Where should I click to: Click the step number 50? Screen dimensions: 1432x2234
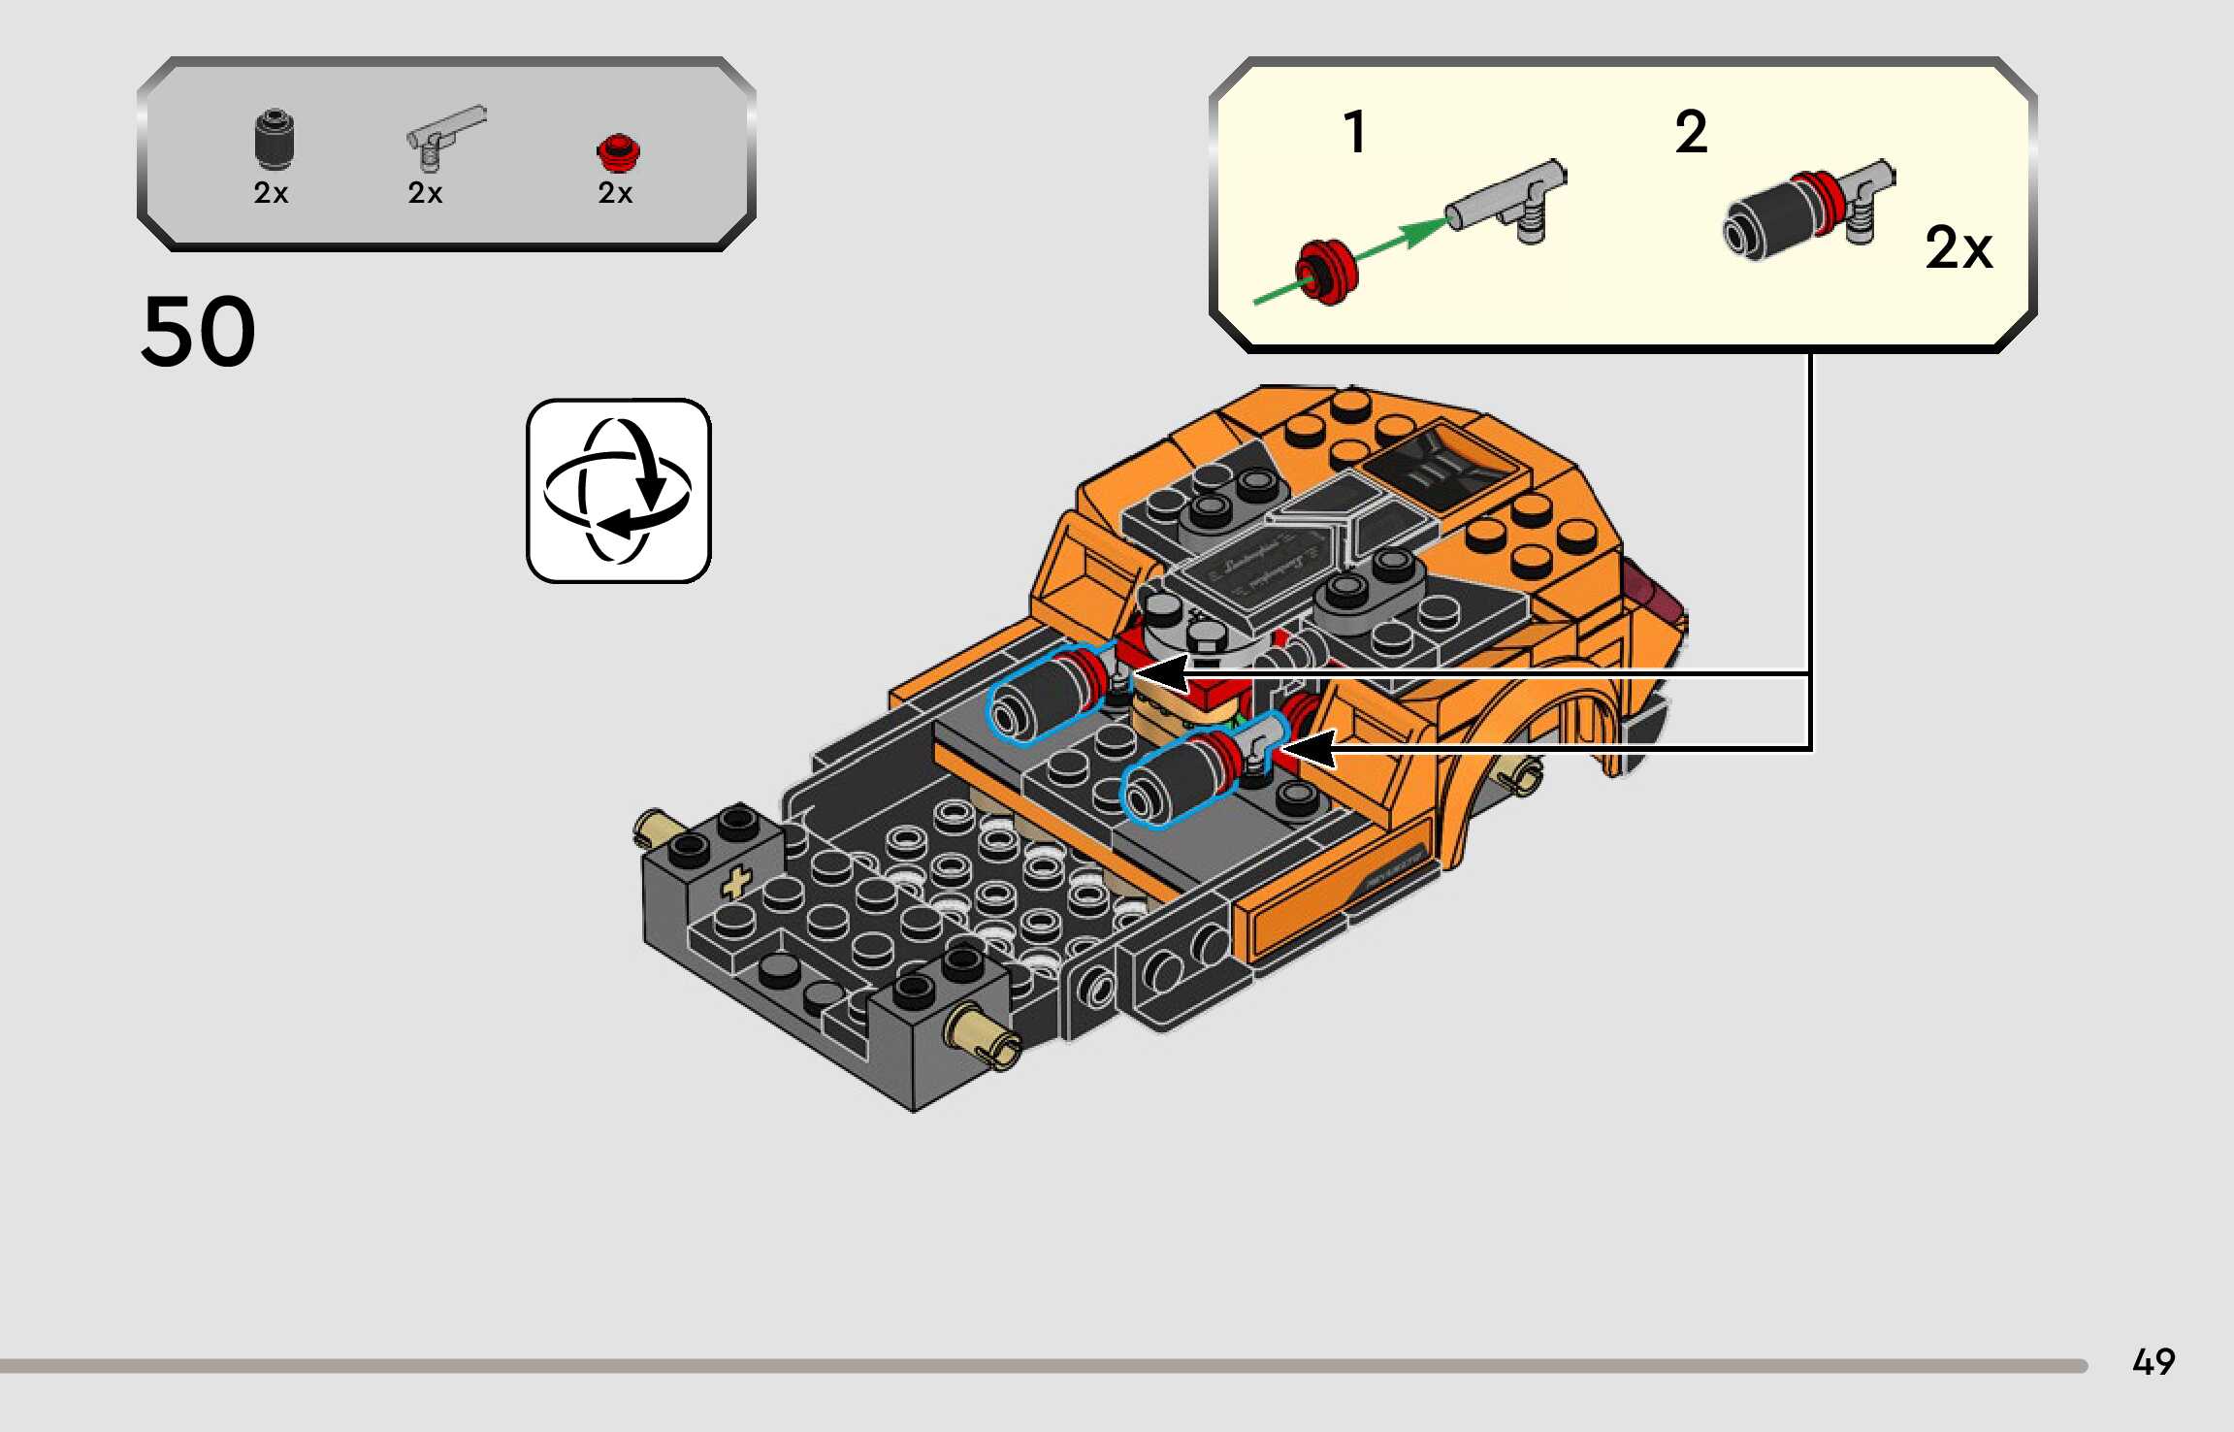[199, 332]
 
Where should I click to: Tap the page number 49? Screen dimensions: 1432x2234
[2153, 1362]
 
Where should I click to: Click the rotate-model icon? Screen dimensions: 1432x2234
[619, 491]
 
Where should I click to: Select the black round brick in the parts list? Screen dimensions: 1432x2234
[275, 140]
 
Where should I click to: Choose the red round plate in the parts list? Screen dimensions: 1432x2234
[617, 151]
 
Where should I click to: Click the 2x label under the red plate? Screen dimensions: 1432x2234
[615, 193]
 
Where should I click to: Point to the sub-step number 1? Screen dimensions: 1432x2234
[1355, 132]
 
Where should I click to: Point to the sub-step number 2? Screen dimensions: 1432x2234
[1691, 132]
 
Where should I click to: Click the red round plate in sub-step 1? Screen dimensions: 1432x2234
[1326, 271]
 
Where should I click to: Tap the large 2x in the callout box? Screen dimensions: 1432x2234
[1958, 248]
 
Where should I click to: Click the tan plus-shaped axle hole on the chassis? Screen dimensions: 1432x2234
[736, 882]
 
